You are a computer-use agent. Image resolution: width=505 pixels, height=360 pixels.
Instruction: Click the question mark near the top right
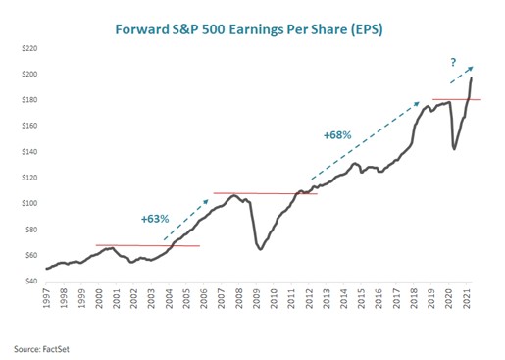tap(452, 63)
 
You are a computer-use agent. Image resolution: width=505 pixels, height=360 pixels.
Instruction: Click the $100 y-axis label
tap(28, 203)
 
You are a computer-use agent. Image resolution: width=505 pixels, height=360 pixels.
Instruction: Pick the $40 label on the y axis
tap(30, 281)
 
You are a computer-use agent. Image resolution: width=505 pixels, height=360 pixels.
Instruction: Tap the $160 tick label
tap(28, 126)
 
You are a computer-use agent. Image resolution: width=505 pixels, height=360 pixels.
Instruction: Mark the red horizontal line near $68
tap(147, 245)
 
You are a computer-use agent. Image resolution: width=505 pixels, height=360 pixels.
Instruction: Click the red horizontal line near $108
tap(265, 193)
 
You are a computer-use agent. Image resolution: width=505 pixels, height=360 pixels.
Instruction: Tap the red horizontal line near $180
tap(457, 99)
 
